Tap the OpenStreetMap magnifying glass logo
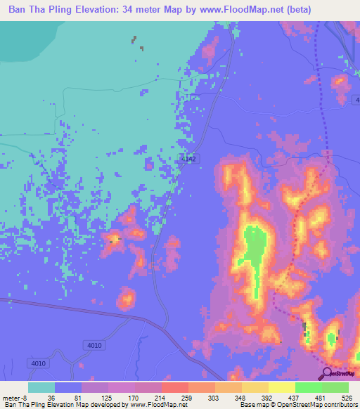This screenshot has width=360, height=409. (327, 374)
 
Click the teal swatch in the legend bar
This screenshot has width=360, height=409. (41, 387)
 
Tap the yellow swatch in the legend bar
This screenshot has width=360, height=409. (281, 387)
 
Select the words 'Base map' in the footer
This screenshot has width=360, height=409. (253, 405)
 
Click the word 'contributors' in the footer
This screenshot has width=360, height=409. (339, 405)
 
